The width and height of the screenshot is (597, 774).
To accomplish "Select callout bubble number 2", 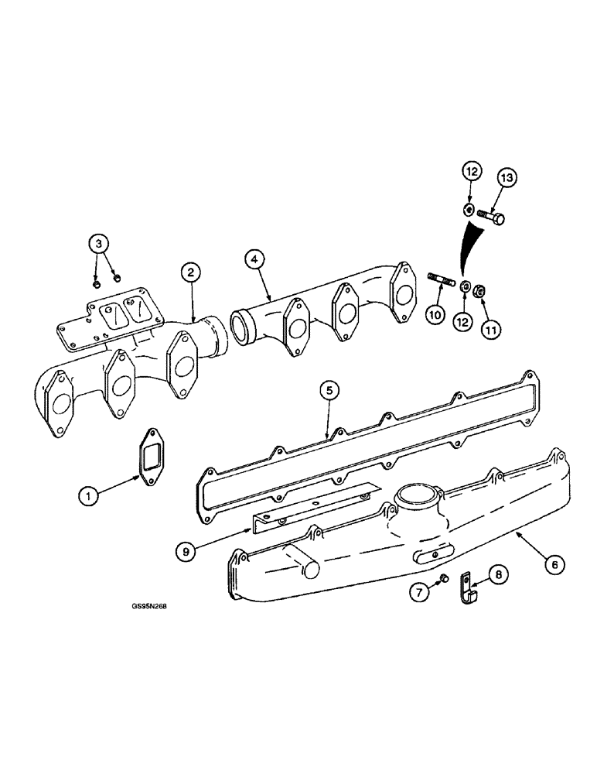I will pos(191,272).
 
